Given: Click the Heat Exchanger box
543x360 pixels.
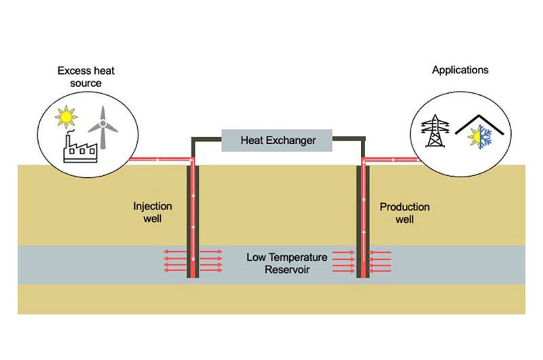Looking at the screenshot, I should click(x=278, y=141).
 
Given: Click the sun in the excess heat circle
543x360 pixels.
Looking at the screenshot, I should click(x=65, y=118).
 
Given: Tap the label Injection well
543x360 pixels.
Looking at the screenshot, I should click(x=153, y=213).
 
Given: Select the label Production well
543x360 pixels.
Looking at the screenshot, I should click(x=405, y=213).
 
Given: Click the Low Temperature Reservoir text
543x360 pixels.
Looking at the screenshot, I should click(x=287, y=264).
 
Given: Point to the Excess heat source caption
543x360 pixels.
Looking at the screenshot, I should click(x=79, y=76).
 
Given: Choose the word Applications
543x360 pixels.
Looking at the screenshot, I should click(x=460, y=70).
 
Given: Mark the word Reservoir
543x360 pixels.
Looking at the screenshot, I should click(x=287, y=270).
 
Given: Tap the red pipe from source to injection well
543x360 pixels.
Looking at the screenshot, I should click(x=160, y=160).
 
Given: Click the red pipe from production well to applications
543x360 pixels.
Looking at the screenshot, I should click(x=390, y=161).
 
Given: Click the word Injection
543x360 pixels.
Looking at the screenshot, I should click(x=153, y=206).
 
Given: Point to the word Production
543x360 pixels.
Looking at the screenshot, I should click(x=405, y=206).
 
